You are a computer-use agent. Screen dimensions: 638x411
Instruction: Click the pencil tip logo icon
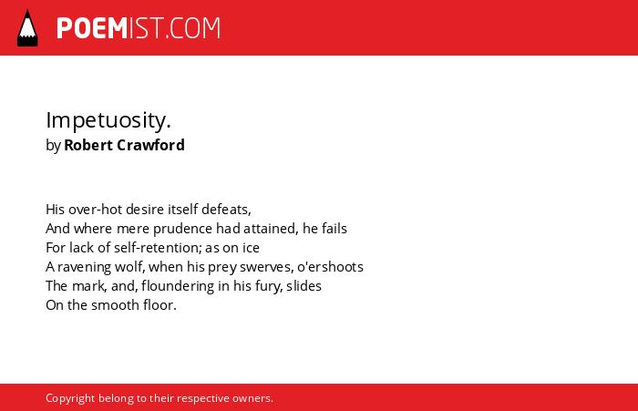click(27, 27)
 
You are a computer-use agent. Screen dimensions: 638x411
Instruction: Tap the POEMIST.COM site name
click(139, 28)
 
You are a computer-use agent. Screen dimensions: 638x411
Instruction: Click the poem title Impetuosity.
click(108, 120)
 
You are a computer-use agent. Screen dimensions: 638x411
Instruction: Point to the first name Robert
click(88, 145)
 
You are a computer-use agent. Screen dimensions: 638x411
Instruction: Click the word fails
click(334, 229)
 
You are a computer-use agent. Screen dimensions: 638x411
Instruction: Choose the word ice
click(251, 247)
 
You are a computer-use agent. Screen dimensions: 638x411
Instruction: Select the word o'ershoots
click(330, 266)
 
